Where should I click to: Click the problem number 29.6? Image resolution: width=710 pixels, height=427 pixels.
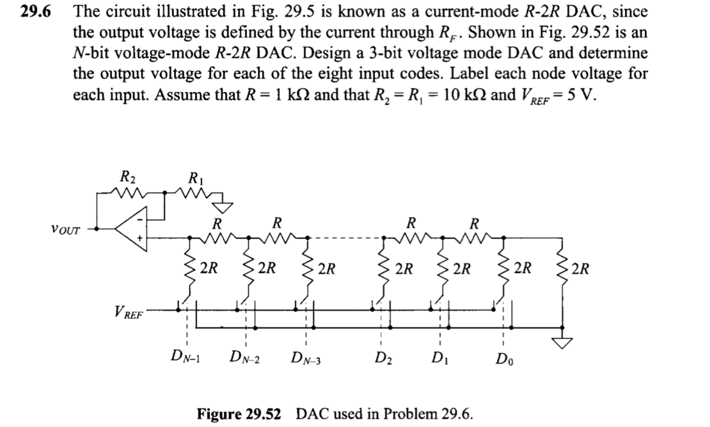tap(36, 12)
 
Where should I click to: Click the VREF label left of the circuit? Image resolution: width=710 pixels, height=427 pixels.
tap(129, 313)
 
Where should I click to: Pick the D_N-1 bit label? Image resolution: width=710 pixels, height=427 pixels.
tap(188, 357)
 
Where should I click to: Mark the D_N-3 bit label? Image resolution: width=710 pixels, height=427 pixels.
tap(306, 358)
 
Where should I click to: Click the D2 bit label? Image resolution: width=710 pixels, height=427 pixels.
tap(382, 358)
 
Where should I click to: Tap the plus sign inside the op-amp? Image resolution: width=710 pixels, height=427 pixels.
tap(138, 238)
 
